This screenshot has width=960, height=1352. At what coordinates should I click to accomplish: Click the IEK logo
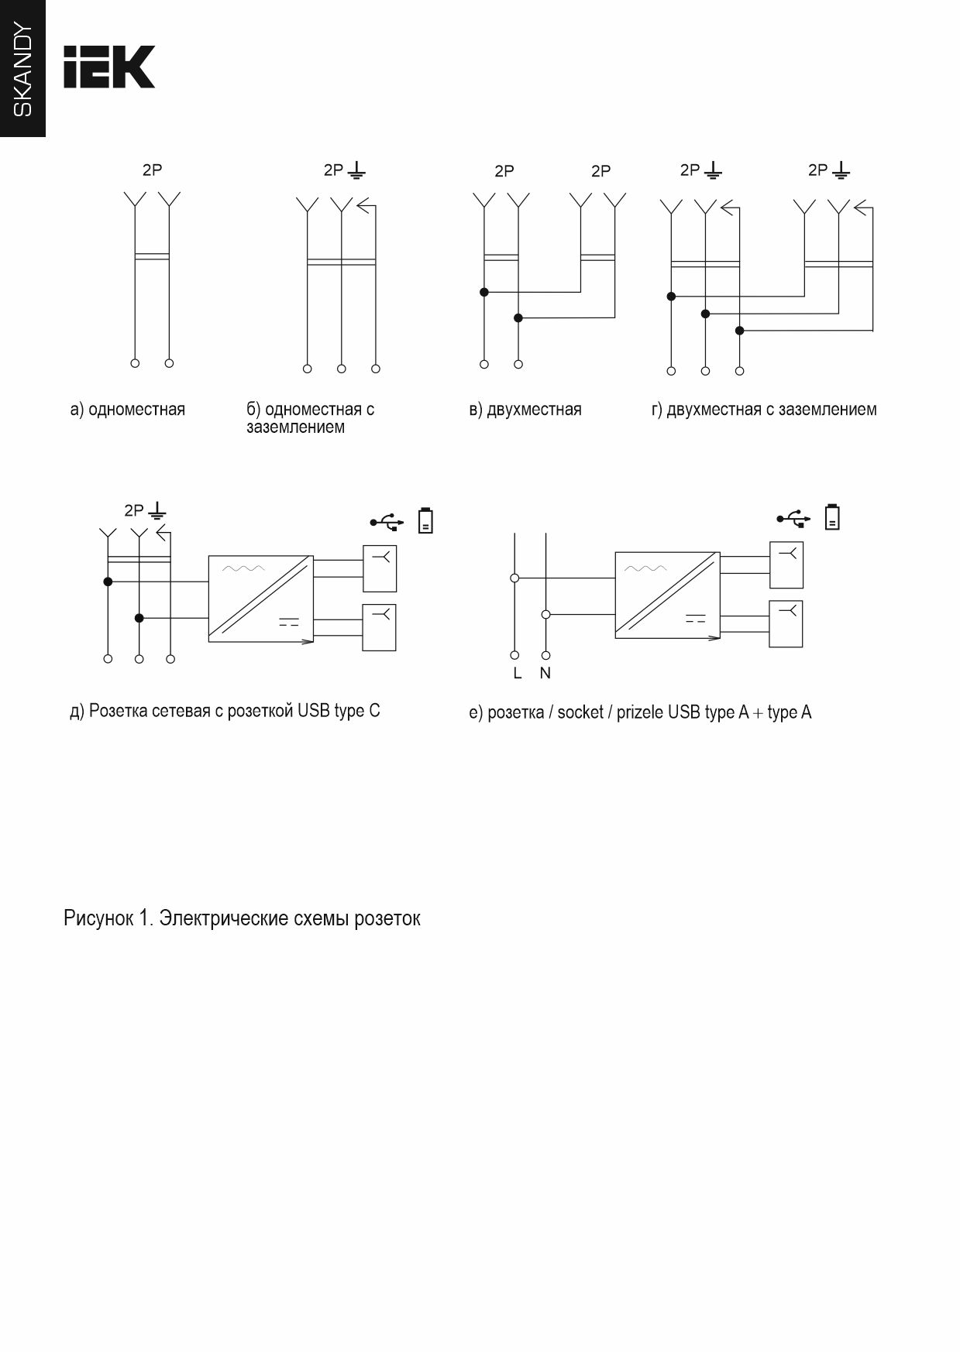(x=109, y=67)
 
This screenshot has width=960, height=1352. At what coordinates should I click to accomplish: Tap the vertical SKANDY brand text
(x=23, y=70)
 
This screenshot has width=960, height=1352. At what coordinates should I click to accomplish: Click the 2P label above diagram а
(x=152, y=170)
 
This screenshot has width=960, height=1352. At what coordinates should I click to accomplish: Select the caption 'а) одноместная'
(x=128, y=410)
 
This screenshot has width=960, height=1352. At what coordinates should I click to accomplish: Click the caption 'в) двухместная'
(x=525, y=410)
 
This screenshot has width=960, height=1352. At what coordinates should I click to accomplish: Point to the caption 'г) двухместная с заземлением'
(x=764, y=410)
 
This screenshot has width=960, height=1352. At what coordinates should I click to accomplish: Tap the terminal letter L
(x=517, y=674)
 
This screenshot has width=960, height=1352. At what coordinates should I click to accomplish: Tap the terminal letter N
(x=545, y=674)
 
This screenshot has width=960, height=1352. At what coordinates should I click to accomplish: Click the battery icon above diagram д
(x=425, y=520)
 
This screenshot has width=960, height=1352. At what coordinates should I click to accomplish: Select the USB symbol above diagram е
(x=793, y=518)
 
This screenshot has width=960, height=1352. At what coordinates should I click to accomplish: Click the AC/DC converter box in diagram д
(x=260, y=599)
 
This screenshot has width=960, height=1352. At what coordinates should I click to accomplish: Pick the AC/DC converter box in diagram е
(x=667, y=595)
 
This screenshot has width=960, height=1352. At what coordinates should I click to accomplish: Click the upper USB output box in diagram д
(x=380, y=569)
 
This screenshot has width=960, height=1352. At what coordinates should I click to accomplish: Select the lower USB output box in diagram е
(x=786, y=623)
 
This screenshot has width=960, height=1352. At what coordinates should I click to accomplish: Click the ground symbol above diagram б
(x=356, y=170)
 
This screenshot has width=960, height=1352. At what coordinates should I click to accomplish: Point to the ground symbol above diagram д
(x=157, y=510)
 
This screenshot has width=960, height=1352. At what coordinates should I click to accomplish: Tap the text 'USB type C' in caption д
(x=339, y=711)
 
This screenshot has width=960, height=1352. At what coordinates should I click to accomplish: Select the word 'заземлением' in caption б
(x=295, y=427)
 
